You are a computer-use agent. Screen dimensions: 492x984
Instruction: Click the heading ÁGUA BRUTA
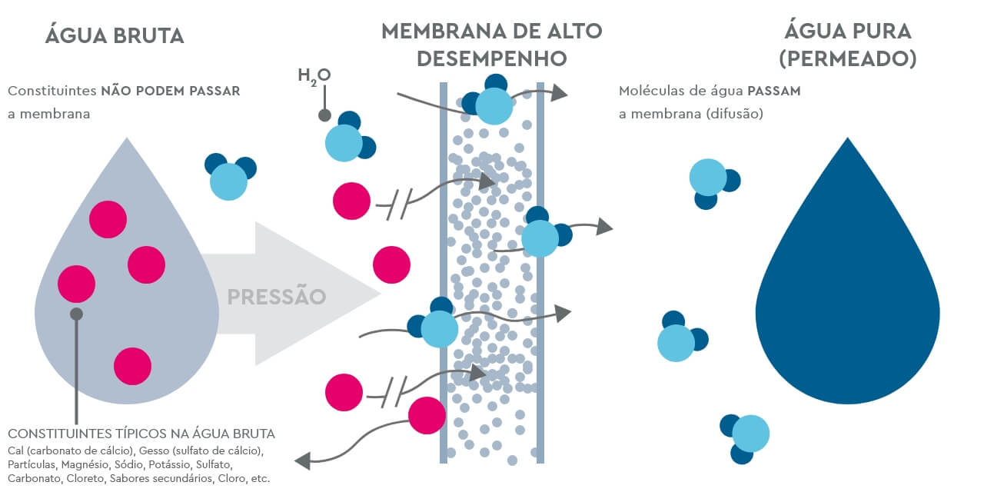tap(115, 36)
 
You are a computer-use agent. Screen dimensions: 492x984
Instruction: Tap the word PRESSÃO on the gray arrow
tap(277, 296)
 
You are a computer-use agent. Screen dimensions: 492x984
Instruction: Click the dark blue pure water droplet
tap(847, 292)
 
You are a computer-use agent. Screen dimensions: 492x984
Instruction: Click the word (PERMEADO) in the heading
tap(847, 59)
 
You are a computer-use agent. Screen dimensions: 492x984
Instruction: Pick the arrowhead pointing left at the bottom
tap(302, 460)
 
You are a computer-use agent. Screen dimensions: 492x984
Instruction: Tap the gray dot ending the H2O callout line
tap(324, 115)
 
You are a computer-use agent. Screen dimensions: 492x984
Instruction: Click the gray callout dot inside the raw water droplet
tap(76, 314)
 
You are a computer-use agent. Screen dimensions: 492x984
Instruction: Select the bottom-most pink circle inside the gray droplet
tap(132, 366)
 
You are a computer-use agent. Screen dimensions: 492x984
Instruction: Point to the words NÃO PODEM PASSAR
tap(171, 91)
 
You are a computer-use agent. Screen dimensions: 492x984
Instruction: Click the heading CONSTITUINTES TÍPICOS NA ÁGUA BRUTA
tap(141, 434)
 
